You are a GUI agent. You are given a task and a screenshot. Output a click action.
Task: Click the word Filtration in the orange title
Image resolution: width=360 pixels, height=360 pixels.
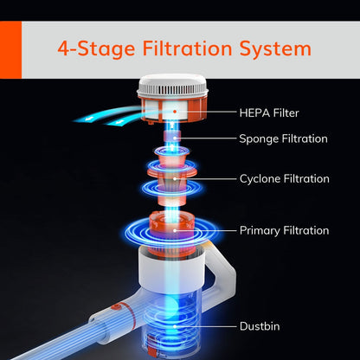(188, 48)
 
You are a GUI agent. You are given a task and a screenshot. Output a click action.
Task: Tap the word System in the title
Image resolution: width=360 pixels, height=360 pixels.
(275, 49)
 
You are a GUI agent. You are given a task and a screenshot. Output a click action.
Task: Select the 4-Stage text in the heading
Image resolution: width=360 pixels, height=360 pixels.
(96, 49)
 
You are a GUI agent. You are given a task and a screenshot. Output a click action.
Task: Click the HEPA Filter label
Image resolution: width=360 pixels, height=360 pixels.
(269, 112)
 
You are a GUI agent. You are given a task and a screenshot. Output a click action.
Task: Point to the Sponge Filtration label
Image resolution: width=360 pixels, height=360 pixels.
(283, 138)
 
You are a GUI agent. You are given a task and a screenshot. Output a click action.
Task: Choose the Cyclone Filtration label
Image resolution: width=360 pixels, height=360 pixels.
(285, 178)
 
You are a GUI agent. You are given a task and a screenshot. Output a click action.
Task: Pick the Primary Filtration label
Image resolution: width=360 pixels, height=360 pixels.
(284, 230)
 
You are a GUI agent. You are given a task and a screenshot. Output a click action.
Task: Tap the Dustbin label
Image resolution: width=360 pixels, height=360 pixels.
(260, 326)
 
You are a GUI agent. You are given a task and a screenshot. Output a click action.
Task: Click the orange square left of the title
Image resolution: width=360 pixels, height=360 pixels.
(10, 49)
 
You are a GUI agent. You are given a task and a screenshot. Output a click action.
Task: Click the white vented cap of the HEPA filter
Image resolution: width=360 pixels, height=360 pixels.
(172, 86)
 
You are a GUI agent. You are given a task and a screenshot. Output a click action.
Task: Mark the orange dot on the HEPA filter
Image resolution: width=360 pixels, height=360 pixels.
(175, 112)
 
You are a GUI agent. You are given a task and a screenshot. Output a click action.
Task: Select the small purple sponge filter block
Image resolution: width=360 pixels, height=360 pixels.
(172, 136)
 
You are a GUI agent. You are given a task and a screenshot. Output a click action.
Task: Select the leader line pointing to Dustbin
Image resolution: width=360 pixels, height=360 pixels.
(205, 326)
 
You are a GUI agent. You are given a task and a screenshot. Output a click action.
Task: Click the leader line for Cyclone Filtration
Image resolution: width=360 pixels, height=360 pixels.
(205, 179)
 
